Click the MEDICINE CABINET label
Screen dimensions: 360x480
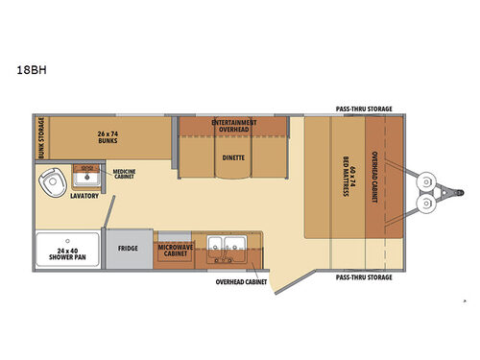125,175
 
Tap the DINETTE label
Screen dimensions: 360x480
233,157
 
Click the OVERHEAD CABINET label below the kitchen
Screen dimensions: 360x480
243,283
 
